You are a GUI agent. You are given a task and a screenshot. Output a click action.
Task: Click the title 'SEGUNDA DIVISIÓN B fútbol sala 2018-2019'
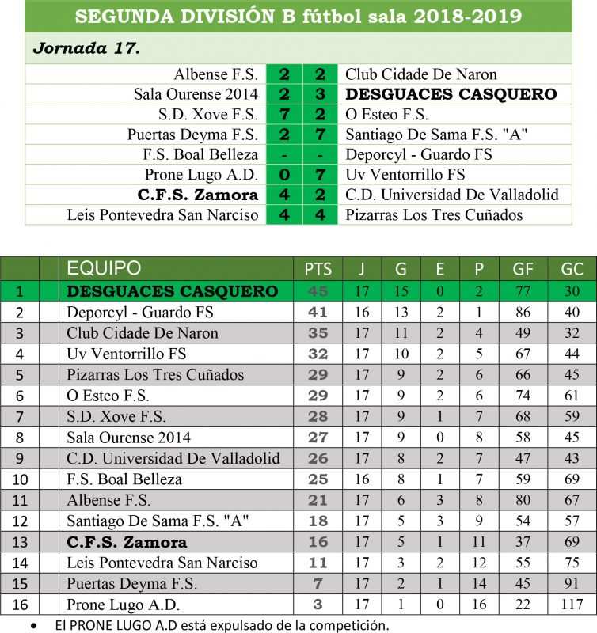click(298, 16)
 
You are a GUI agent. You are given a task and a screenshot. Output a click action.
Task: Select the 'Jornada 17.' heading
click(86, 48)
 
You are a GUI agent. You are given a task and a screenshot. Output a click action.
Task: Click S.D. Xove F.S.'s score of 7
click(283, 115)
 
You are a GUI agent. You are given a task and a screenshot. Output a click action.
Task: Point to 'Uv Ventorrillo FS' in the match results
click(405, 175)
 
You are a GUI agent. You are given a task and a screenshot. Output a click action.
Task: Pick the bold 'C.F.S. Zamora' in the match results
click(197, 195)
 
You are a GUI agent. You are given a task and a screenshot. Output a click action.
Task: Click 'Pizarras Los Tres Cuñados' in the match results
click(434, 214)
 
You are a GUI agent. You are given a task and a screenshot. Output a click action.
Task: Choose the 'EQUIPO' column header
click(104, 268)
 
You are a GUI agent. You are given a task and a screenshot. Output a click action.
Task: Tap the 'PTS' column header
click(318, 269)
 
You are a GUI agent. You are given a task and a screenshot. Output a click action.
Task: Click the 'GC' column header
click(571, 269)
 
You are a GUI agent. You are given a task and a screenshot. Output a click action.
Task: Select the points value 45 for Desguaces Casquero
click(318, 291)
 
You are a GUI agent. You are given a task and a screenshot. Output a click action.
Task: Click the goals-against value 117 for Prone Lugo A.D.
click(571, 605)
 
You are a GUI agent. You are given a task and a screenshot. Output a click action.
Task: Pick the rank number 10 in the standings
click(19, 479)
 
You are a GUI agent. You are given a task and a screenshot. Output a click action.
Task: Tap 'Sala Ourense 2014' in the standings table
click(128, 438)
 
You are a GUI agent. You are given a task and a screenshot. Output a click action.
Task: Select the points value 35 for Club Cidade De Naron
click(318, 333)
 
